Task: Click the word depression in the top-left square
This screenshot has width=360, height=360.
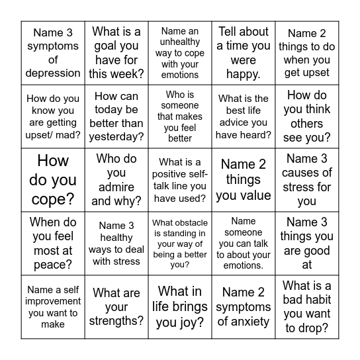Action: coord(53,73)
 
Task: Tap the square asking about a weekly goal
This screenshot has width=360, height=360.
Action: coord(116,53)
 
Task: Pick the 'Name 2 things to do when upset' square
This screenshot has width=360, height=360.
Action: coord(307,53)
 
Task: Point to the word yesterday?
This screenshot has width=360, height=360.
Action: coord(116,136)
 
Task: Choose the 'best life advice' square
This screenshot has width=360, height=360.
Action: coord(244,116)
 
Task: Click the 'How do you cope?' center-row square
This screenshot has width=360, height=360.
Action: coord(53,180)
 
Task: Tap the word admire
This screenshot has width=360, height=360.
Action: coord(116,187)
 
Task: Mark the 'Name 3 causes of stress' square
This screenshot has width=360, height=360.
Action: coord(307,180)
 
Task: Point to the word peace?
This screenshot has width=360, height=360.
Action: coord(53,265)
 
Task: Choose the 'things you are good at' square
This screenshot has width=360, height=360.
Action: coord(307,244)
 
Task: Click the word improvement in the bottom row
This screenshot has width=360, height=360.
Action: coord(53,302)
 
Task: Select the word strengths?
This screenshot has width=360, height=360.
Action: coord(116,321)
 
